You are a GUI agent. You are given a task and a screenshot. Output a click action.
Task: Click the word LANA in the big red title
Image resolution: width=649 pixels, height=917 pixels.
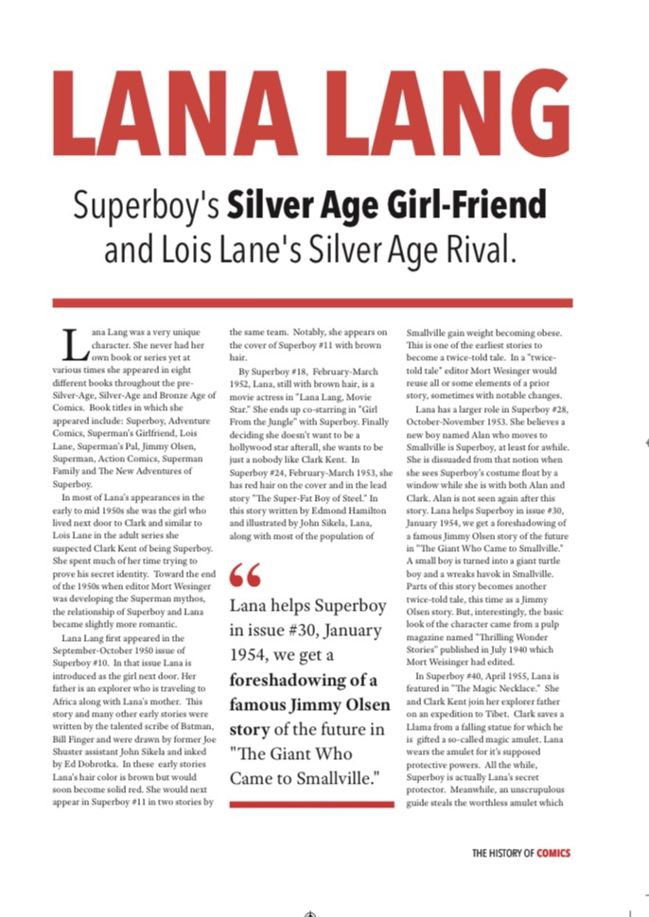click(x=179, y=114)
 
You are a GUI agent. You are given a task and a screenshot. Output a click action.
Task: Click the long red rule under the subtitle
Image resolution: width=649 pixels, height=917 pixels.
click(x=312, y=303)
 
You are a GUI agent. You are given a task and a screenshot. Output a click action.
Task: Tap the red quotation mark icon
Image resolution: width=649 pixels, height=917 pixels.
click(x=243, y=575)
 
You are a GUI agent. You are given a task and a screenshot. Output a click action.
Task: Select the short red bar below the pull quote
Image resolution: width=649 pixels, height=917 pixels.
click(x=311, y=805)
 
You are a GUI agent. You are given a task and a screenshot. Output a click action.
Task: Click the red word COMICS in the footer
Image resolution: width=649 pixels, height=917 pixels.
click(x=553, y=853)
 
